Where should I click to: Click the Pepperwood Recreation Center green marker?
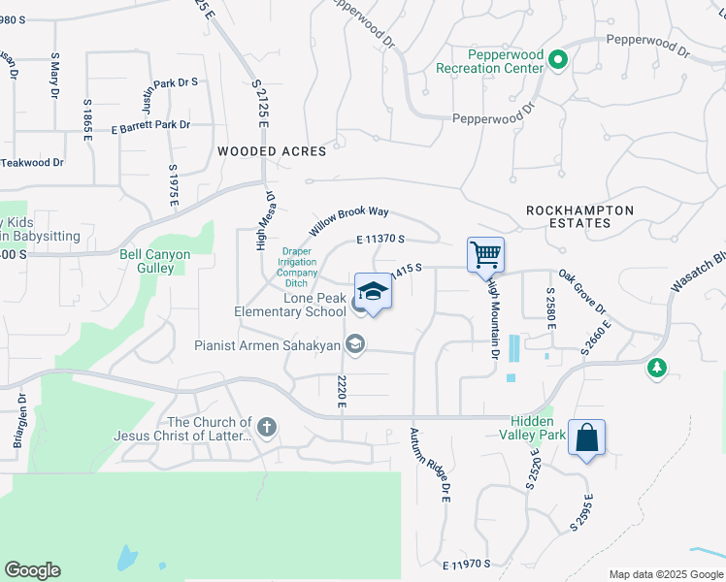coord(557,61)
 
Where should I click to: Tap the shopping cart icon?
coord(485,256)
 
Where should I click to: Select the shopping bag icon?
coord(587,437)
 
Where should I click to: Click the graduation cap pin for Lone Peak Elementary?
coord(373,292)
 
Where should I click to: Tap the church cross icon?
coord(267,426)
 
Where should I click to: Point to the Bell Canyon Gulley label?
coord(154,261)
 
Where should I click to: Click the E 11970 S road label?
coord(466,565)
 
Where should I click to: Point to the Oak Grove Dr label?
coord(581,294)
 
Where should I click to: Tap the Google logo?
coord(32,570)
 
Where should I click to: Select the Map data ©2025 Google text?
coord(665,574)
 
